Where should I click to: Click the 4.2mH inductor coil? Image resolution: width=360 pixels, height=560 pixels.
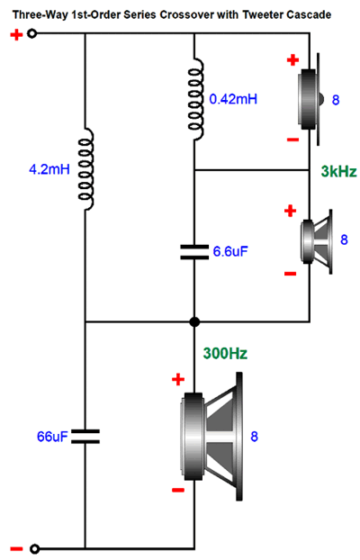(86, 169)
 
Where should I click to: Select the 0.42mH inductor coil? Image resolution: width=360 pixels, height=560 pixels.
(195, 98)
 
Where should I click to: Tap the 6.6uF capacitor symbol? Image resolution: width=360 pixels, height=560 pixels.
(194, 252)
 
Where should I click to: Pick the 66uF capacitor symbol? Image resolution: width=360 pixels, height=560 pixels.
(85, 437)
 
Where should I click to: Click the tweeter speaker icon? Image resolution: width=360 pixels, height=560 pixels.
(310, 99)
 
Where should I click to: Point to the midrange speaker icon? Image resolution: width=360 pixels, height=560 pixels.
(317, 242)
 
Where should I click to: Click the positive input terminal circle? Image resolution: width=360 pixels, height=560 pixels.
(32, 34)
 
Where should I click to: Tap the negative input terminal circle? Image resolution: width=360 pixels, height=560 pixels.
(34, 548)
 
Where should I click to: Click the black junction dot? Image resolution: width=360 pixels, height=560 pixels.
(194, 321)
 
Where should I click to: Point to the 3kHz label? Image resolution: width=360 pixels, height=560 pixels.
(338, 171)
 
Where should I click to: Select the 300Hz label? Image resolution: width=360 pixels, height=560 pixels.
(225, 354)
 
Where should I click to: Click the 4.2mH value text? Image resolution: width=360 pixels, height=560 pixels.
(49, 169)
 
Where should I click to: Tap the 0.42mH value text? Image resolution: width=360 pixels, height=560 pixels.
(233, 99)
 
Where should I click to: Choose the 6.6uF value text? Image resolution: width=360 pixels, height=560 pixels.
(230, 251)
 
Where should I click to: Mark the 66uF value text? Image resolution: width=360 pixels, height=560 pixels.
(52, 437)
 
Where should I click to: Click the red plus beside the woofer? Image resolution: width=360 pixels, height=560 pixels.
(178, 379)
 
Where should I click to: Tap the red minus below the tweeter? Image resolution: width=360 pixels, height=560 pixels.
(292, 140)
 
